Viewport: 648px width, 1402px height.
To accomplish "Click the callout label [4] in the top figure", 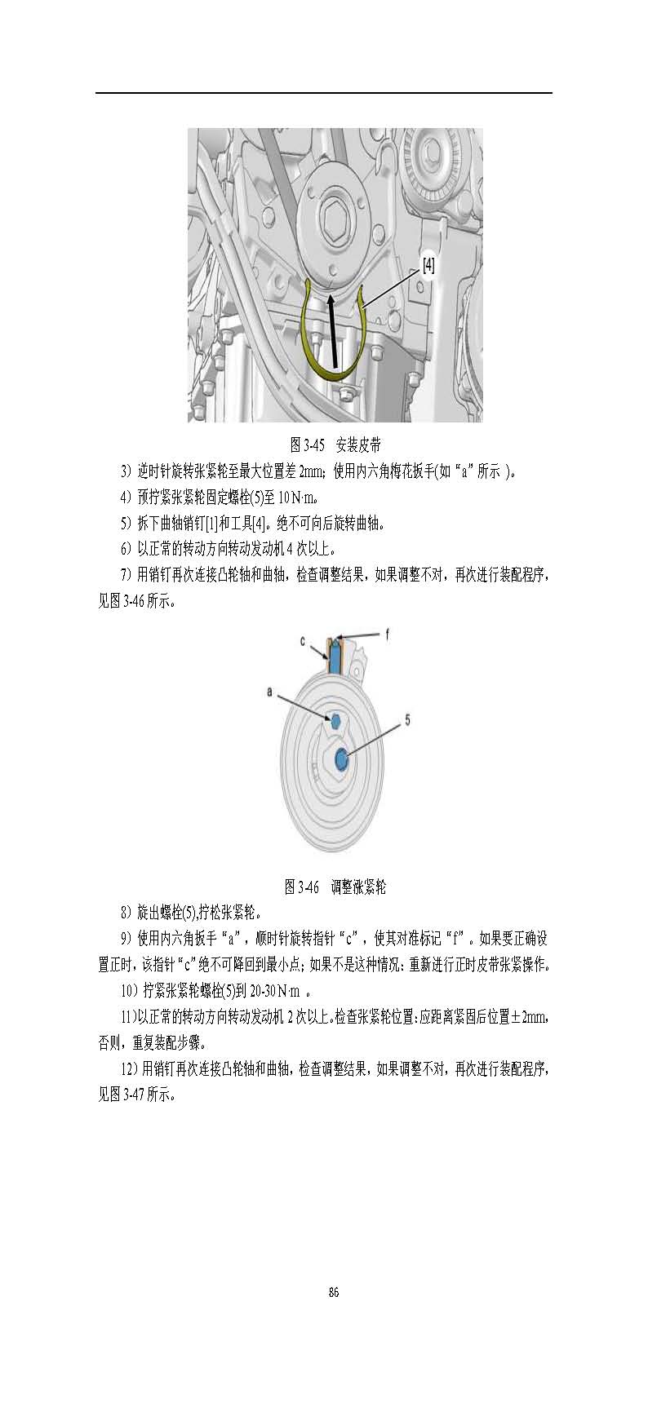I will coord(428,265).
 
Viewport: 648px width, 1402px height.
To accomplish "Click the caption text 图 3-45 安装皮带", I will coord(335,444).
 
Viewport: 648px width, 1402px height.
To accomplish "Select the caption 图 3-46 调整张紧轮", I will coord(335,887).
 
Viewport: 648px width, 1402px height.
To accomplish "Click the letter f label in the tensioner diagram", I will coord(387,633).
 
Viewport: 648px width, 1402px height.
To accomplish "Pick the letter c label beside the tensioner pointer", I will coord(302,642).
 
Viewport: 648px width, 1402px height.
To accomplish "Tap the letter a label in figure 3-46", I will coord(270,692).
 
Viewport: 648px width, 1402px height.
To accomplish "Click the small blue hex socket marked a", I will coord(334,719).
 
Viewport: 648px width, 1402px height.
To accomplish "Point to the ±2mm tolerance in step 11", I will coord(529,1017).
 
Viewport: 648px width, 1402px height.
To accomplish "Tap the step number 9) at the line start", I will coord(126,939).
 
